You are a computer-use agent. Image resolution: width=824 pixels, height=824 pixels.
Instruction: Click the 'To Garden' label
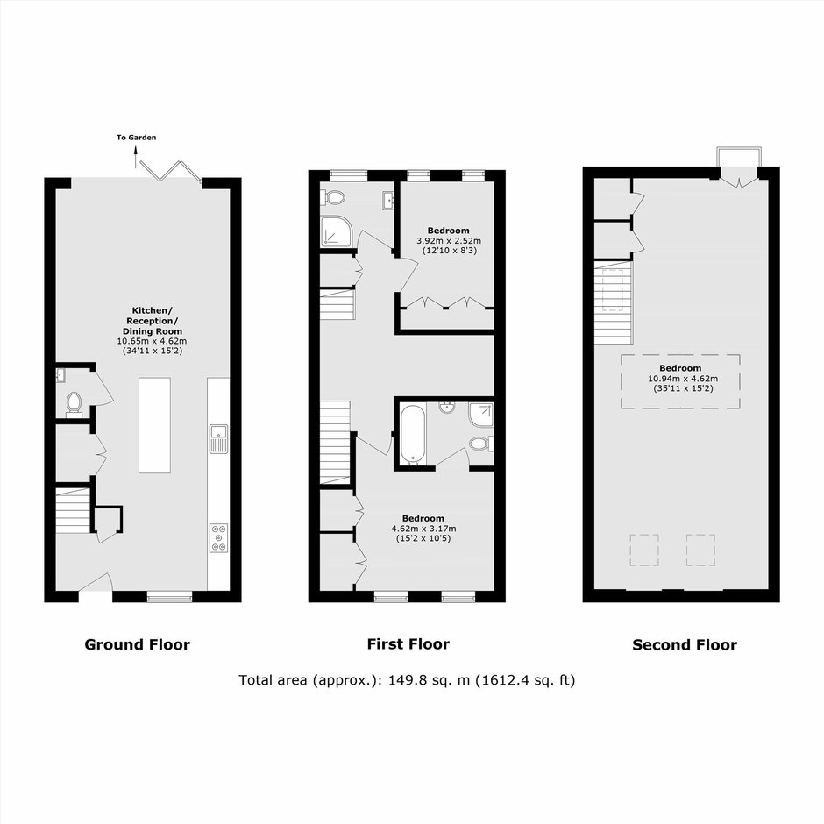click(x=136, y=138)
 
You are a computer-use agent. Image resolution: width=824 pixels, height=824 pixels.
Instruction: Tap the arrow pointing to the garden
click(x=136, y=157)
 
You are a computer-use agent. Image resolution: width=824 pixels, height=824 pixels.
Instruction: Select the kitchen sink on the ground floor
click(x=218, y=438)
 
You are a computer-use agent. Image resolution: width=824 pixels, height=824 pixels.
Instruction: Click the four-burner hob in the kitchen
click(x=218, y=537)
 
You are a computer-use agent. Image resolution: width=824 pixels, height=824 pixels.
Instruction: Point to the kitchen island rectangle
click(x=154, y=425)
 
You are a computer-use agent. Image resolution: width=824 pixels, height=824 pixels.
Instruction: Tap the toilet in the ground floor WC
click(x=75, y=405)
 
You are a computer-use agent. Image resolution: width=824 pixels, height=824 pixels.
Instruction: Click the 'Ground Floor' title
click(x=137, y=645)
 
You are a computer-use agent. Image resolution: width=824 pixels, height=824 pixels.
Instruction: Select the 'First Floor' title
click(x=408, y=644)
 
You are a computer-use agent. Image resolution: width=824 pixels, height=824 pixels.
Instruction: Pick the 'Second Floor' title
click(x=685, y=645)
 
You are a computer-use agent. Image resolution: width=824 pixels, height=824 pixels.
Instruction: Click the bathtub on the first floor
click(x=411, y=434)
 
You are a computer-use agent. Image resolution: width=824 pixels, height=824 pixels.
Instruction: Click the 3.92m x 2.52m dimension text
click(x=449, y=241)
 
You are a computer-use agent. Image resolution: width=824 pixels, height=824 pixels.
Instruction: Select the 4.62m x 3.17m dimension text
click(x=423, y=529)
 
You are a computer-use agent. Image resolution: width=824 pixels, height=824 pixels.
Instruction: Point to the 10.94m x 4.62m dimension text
click(x=683, y=379)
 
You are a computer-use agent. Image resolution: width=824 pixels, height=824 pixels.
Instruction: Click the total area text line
click(x=407, y=680)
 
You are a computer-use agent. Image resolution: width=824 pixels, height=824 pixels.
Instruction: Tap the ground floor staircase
click(x=73, y=511)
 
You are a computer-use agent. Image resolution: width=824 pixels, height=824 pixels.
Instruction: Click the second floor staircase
click(x=614, y=302)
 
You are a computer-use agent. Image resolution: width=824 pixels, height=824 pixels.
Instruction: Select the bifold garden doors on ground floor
click(x=170, y=170)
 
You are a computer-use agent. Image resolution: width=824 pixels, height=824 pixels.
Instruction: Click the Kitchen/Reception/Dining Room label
click(x=152, y=321)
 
